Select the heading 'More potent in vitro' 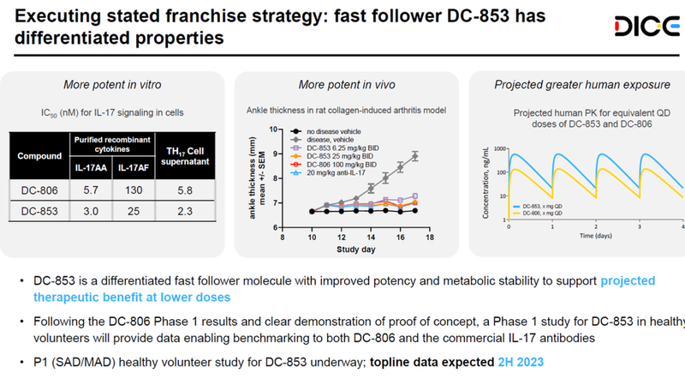pos(113,84)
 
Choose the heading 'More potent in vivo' pos(347,84)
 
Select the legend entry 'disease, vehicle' pos(316,137)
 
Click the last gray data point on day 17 pos(414,156)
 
